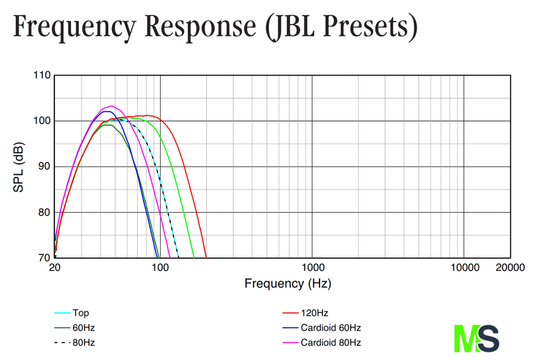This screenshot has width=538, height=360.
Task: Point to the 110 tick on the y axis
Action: (42, 76)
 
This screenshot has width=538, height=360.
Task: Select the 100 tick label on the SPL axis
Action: (42, 121)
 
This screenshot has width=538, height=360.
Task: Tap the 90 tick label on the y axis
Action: (45, 167)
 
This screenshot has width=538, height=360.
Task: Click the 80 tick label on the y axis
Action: (45, 213)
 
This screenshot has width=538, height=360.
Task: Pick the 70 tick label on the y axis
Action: (45, 258)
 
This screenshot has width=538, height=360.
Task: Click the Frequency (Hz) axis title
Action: (288, 282)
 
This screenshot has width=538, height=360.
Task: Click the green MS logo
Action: (477, 338)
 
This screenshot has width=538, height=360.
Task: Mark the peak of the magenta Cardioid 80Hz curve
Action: (111, 106)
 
